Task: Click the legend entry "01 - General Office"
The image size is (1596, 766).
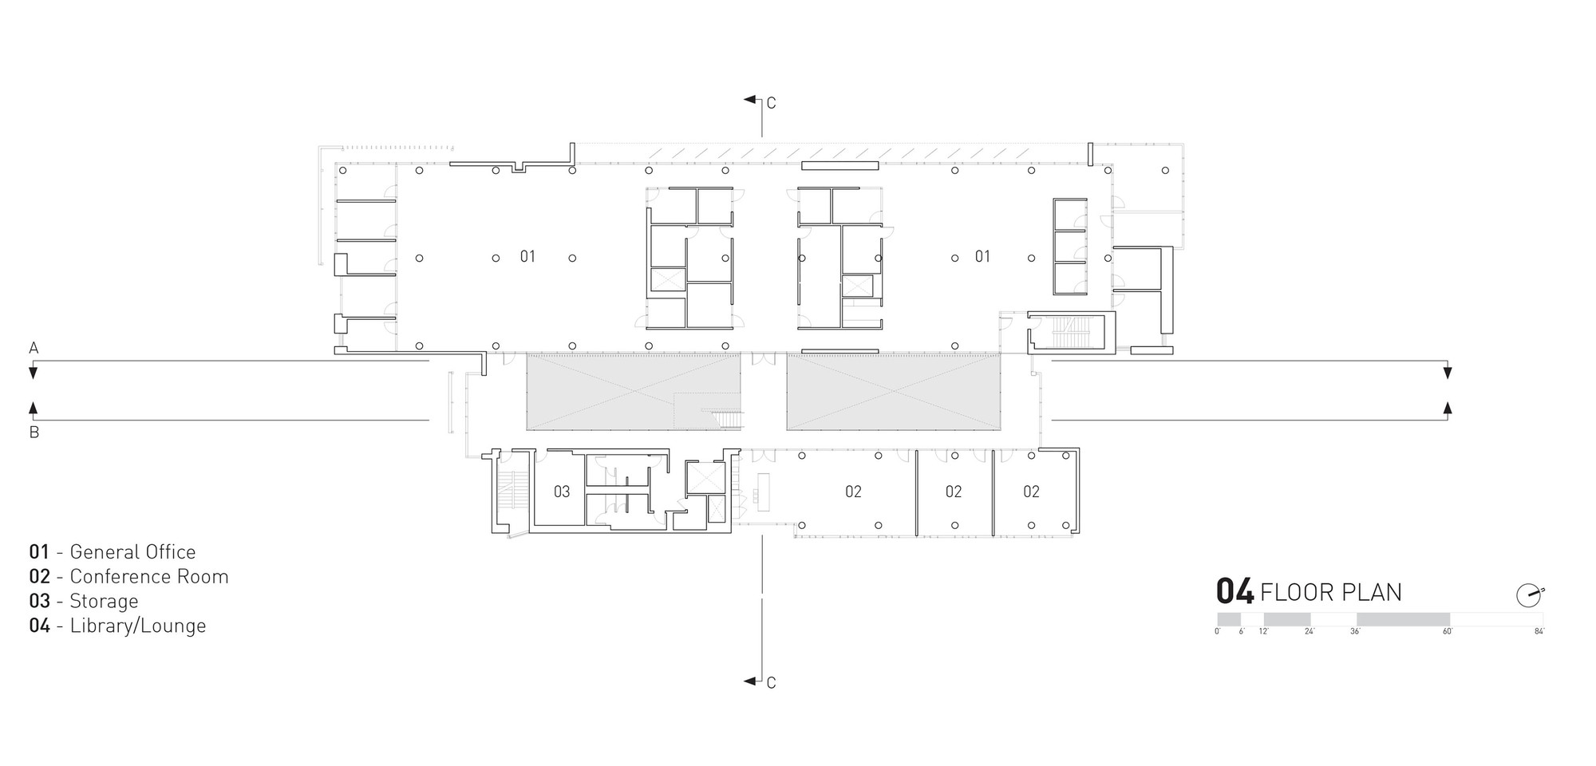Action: [x=113, y=552]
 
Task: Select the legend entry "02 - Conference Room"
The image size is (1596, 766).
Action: [x=128, y=577]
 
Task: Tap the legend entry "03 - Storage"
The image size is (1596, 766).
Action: [x=84, y=602]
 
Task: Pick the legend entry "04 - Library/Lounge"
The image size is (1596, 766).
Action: [x=117, y=626]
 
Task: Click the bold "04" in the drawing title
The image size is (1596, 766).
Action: [x=1235, y=592]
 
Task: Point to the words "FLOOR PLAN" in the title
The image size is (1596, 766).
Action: [x=1330, y=593]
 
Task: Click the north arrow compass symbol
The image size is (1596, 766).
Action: [x=1529, y=595]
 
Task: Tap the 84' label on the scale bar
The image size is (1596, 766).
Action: [x=1539, y=632]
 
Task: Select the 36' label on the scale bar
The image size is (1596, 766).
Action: [x=1355, y=632]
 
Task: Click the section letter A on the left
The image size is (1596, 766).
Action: [x=34, y=348]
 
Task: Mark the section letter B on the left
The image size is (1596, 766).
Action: [x=34, y=433]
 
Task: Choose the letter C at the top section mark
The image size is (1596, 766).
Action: [x=771, y=103]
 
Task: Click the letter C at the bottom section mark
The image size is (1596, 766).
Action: [x=771, y=683]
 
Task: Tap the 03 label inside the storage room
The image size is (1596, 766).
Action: [x=562, y=492]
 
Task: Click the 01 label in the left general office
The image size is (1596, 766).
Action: [x=527, y=256]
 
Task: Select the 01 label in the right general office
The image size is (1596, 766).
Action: [x=982, y=256]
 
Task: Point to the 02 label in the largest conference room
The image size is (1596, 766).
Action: [x=853, y=492]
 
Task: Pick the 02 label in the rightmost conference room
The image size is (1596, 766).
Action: [x=1031, y=492]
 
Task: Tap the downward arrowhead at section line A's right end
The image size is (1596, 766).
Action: [x=1448, y=373]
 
